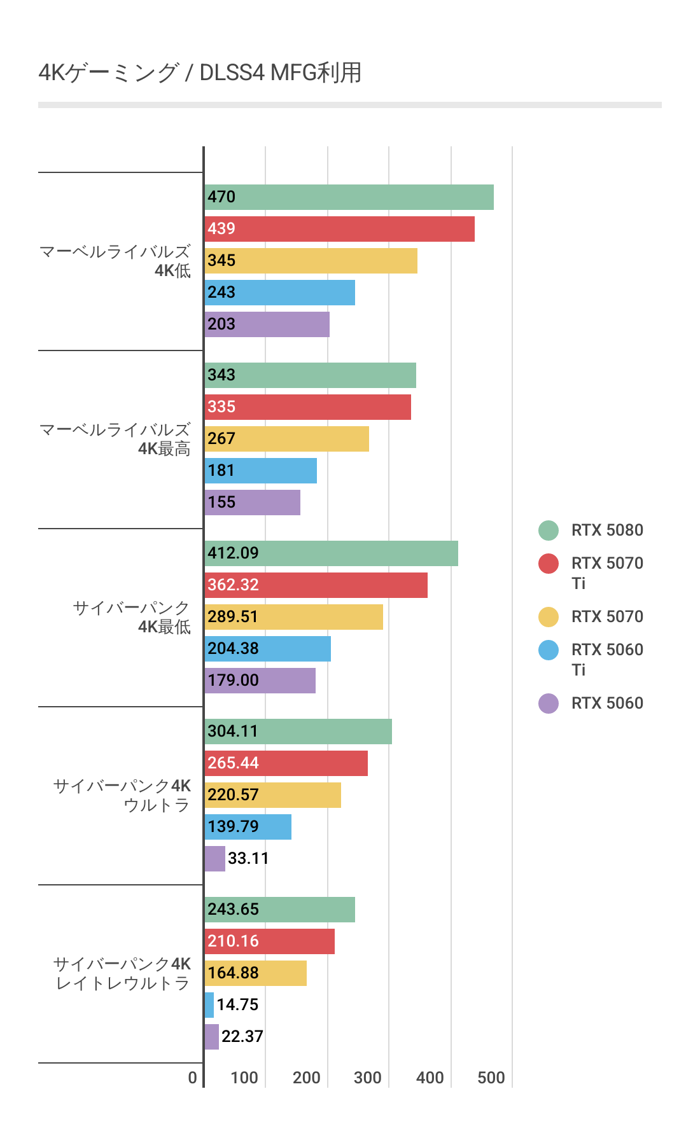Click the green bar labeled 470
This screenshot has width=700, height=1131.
(x=349, y=197)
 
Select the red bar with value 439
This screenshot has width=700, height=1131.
(x=339, y=229)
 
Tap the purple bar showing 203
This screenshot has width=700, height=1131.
(x=267, y=324)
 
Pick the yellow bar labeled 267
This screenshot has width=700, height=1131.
(x=286, y=439)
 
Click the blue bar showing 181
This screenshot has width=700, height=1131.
(x=261, y=471)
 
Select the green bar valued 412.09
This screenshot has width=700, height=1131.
(x=331, y=553)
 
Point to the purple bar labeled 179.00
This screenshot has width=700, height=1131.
(x=260, y=681)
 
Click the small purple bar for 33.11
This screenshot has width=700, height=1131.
(x=215, y=859)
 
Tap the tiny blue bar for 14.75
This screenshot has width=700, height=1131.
(x=209, y=1005)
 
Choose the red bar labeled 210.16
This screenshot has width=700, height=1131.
(x=270, y=941)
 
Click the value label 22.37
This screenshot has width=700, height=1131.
(x=242, y=1037)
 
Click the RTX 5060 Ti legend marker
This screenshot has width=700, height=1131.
(x=549, y=650)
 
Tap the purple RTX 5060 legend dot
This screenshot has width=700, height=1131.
(x=549, y=704)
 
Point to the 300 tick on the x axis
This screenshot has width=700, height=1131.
(x=368, y=1078)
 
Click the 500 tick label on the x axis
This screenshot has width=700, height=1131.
(x=491, y=1078)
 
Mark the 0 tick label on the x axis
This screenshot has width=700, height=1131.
(x=193, y=1078)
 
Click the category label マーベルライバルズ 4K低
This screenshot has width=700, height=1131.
(x=115, y=261)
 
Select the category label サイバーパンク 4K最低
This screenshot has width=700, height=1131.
(x=131, y=617)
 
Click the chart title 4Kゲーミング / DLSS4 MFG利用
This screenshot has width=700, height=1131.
(x=200, y=73)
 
